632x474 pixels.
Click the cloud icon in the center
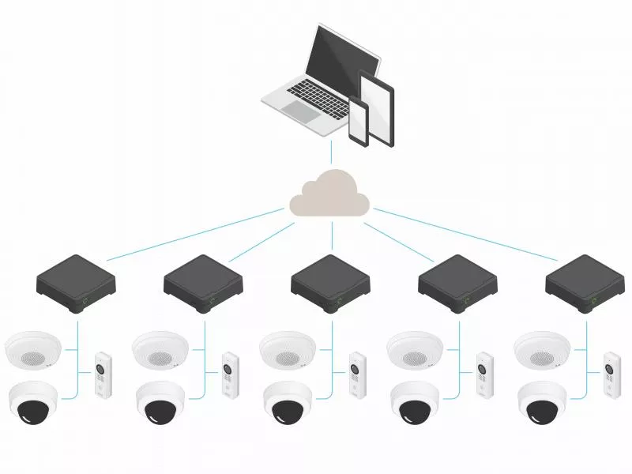[330, 196]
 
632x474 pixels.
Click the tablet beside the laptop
[377, 107]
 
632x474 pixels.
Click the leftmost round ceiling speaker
[32, 350]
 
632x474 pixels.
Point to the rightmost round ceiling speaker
[541, 350]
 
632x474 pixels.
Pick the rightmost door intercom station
[611, 374]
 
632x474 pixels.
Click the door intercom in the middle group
[357, 374]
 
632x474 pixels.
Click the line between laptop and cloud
[331, 153]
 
